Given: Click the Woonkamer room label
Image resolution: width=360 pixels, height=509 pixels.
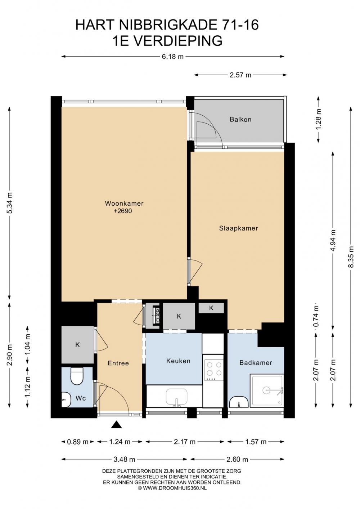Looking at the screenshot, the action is pos(124,203).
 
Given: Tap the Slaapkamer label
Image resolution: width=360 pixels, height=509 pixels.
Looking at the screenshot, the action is pos(238,228).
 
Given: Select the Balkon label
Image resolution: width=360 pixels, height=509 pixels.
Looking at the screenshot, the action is pos(240,119).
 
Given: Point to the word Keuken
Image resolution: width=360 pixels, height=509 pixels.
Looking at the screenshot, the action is pos(178,361).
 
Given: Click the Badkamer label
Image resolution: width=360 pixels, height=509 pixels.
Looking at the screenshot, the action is pos(256,362).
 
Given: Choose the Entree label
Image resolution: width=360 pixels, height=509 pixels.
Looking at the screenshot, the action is pos(118,363).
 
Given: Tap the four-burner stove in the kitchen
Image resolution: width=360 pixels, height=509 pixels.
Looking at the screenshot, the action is pos(214,371).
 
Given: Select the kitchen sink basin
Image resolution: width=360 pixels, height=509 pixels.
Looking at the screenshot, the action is pos(176,397).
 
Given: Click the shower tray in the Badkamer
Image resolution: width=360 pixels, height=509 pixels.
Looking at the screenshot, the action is pos(267,390).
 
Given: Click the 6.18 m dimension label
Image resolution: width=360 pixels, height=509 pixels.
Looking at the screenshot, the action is pos(172,57).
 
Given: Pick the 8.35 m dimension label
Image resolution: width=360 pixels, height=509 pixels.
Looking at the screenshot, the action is pos(351,256).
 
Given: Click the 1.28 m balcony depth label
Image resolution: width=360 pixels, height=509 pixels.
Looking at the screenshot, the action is pos(319,119).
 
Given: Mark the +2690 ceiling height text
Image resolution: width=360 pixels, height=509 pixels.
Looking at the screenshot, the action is pos(123,211).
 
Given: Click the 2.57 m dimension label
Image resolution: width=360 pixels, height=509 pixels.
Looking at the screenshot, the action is pos(240,75).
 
